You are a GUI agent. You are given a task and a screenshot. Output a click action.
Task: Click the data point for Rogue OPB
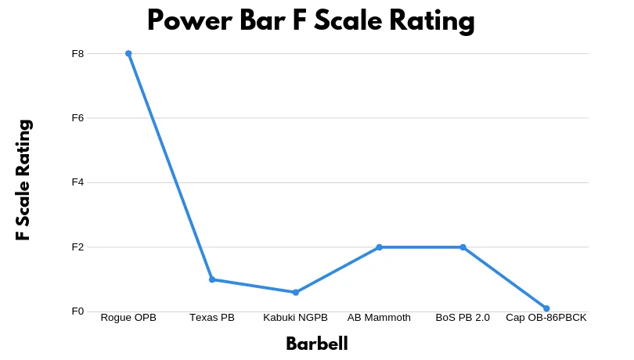point(128,53)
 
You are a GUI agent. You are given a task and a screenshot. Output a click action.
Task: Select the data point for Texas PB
point(212,279)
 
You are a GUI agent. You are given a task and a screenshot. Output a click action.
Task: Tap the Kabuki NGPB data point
point(296,292)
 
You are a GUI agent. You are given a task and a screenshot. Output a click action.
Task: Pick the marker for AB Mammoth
point(379,247)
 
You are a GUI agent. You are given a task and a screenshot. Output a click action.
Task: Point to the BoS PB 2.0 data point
point(463,247)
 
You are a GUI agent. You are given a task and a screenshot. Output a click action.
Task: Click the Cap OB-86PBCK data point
point(546,308)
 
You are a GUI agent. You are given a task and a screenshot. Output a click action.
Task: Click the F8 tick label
point(78,54)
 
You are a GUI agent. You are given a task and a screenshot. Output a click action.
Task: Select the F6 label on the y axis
point(78,118)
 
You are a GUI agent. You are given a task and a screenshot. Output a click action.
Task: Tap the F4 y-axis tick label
point(78,182)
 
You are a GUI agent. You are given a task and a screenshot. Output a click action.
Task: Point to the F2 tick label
point(78,247)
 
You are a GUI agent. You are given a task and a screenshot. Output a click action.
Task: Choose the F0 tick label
point(78,311)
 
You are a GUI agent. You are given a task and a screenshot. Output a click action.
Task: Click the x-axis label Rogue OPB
point(128,318)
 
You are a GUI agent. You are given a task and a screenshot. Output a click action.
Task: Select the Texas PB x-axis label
point(212,318)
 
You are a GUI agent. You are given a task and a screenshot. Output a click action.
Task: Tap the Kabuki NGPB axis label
point(296,318)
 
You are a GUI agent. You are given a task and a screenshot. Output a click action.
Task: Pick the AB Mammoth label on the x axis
point(379,318)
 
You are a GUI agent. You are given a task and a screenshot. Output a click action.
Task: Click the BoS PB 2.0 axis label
point(463,318)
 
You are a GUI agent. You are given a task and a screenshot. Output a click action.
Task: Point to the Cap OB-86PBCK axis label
point(546,318)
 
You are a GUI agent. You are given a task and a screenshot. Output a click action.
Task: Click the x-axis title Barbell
point(316,344)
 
